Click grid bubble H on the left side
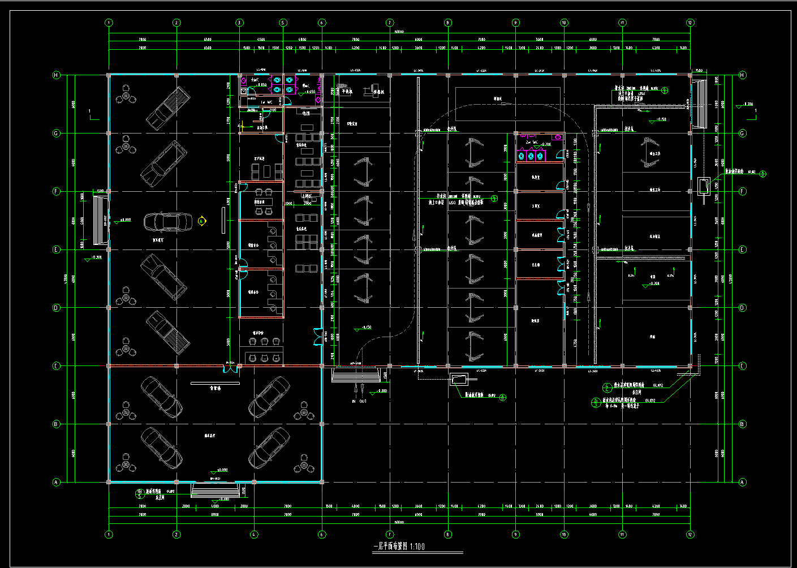[56, 75]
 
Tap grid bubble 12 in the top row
[690, 23]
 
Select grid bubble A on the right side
[742, 482]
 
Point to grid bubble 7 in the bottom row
[390, 534]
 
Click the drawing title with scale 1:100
[399, 547]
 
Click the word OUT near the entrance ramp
[363, 401]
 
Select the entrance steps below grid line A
[214, 490]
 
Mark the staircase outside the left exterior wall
[100, 221]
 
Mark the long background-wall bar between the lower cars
[215, 383]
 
